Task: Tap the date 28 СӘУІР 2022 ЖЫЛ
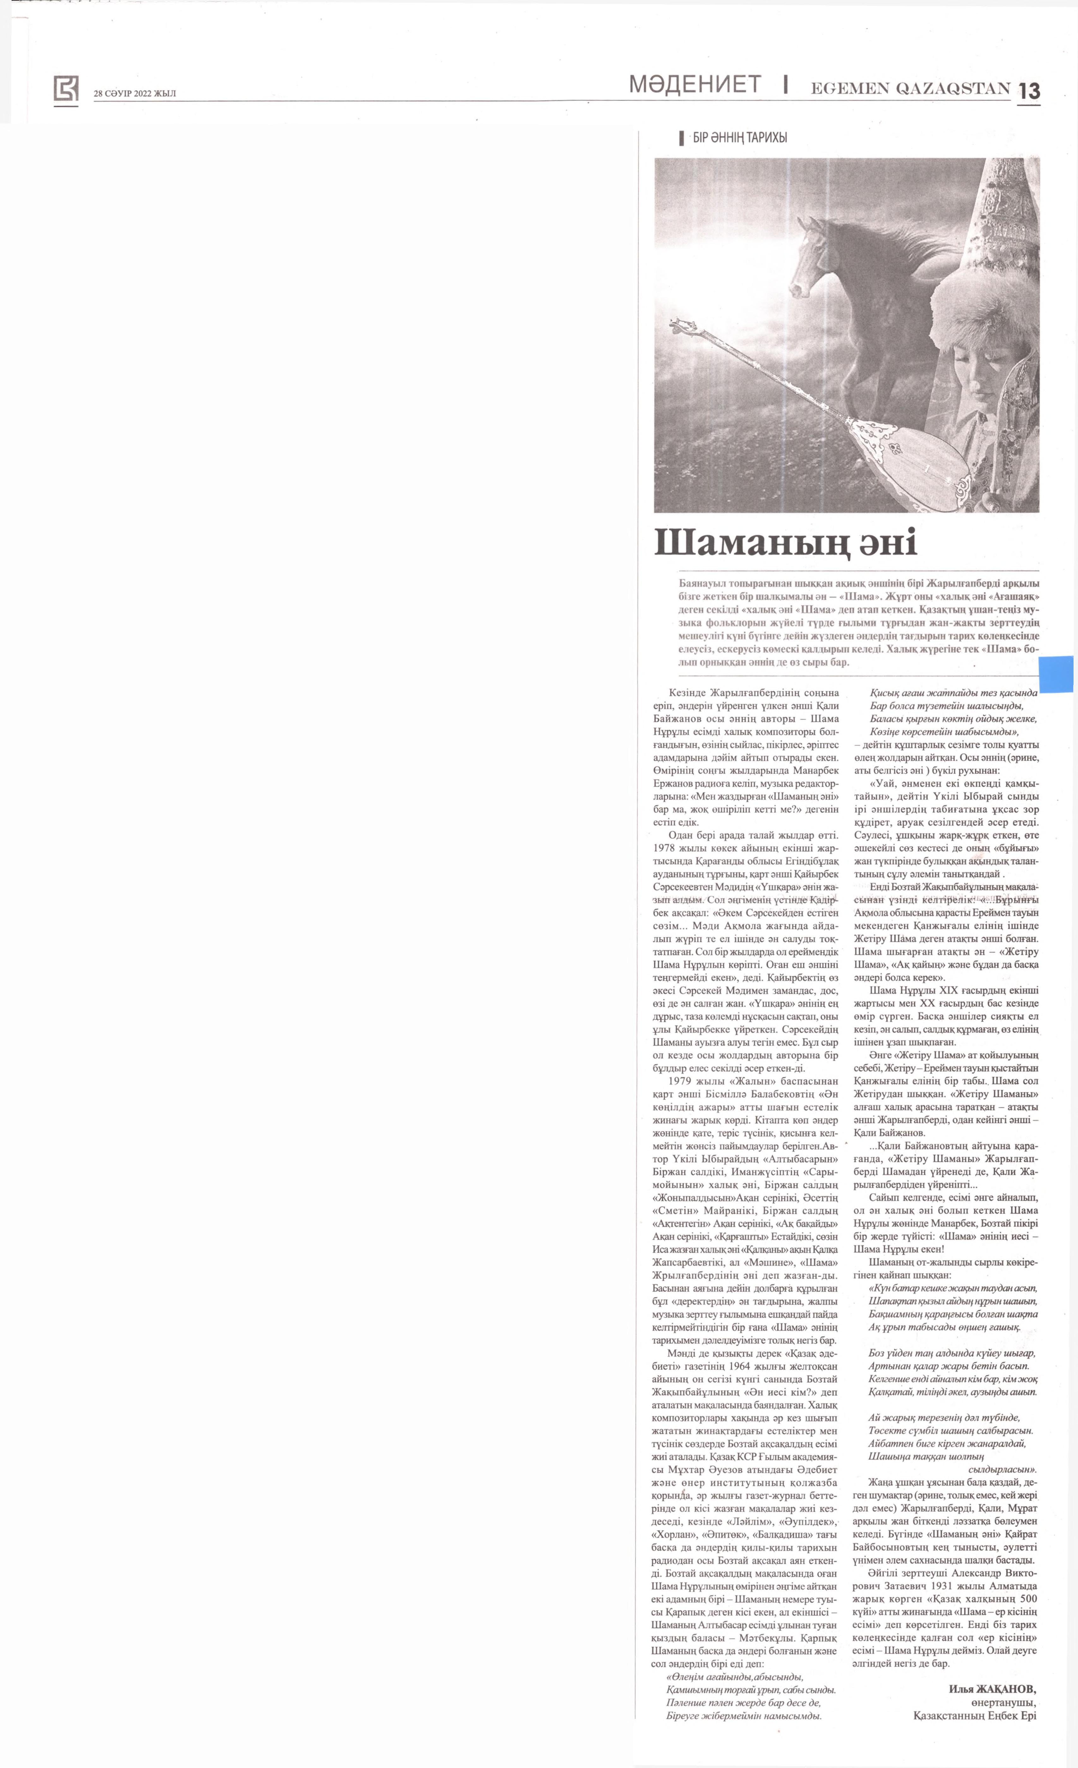click(x=134, y=93)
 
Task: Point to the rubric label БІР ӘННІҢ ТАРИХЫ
click(x=739, y=138)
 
